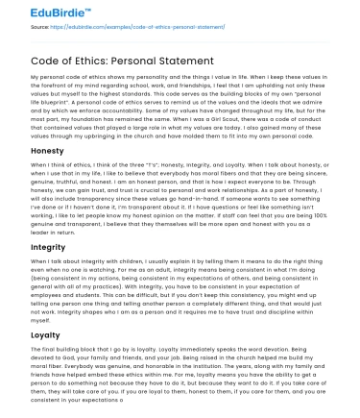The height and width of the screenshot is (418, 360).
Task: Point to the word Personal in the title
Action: (138, 58)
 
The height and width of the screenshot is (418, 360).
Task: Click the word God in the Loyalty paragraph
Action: (73, 358)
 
